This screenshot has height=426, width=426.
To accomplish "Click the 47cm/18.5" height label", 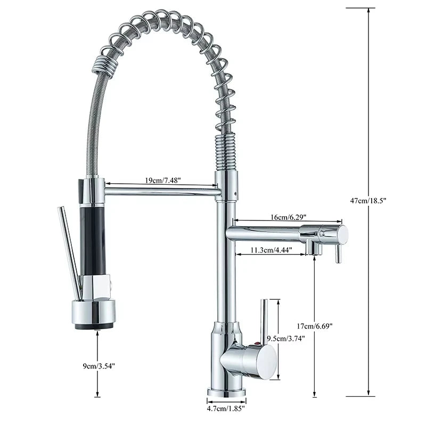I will pyautogui.click(x=379, y=200).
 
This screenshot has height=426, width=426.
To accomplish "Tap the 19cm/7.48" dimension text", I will pyautogui.click(x=163, y=181).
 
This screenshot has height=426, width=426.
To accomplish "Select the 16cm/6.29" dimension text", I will pyautogui.click(x=288, y=217).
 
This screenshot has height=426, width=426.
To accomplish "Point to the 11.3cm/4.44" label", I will pyautogui.click(x=271, y=250).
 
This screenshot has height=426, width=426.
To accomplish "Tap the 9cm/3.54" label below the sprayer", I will pyautogui.click(x=98, y=365).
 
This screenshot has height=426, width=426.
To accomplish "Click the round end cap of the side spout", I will pyautogui.click(x=342, y=234).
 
